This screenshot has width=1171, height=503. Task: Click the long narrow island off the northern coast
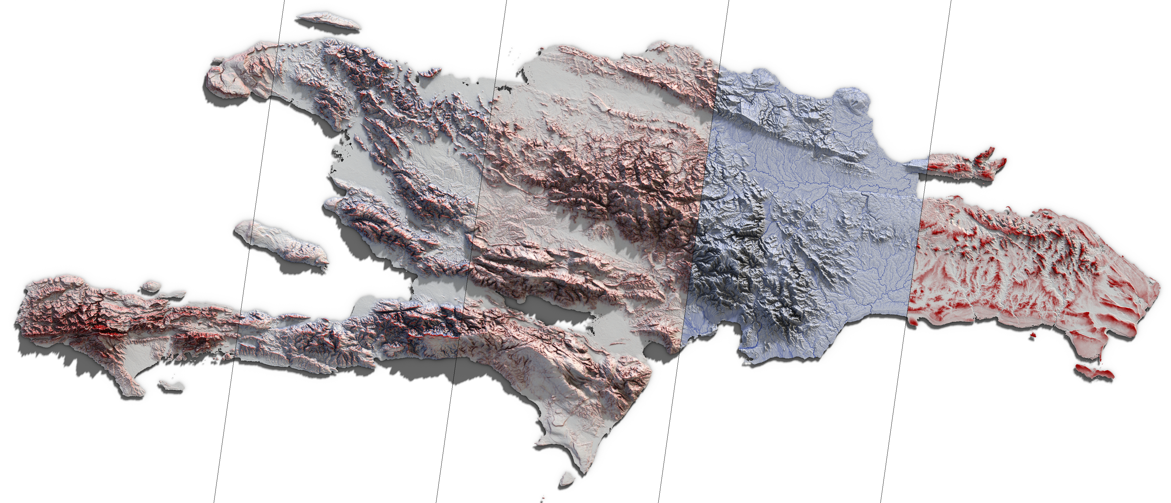click(327, 21)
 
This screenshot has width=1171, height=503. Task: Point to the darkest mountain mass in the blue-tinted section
click(723, 273)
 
